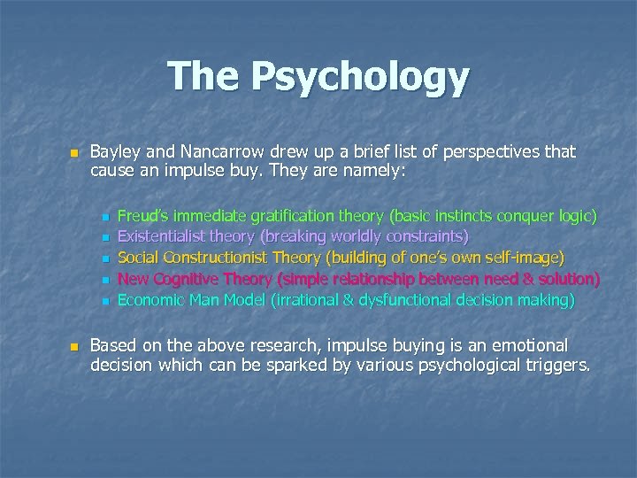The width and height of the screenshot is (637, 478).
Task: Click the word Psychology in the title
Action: click(x=360, y=78)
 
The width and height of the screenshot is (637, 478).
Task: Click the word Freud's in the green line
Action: click(x=142, y=215)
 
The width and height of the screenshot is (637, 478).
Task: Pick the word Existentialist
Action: click(x=167, y=236)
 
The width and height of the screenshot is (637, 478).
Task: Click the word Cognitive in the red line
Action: click(x=189, y=279)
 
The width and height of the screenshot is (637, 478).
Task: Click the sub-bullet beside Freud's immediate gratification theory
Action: click(x=104, y=216)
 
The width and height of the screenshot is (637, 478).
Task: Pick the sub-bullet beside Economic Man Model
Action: click(x=104, y=301)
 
